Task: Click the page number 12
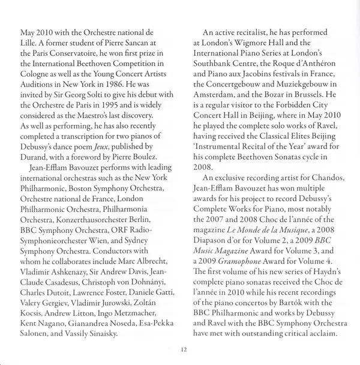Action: (184, 348)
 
